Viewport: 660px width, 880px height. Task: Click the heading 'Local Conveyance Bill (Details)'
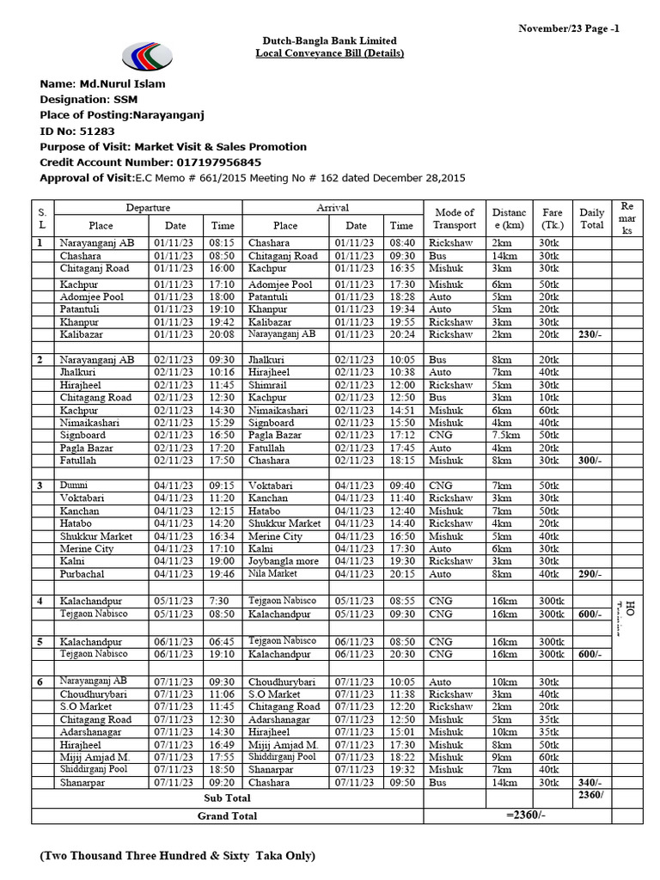coord(329,53)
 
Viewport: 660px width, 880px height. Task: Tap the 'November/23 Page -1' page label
coord(568,28)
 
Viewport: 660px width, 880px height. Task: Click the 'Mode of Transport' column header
coord(455,218)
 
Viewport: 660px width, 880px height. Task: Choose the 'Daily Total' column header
coord(591,218)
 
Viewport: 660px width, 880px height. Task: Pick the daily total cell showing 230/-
coord(590,334)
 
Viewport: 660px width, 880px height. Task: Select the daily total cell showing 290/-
coord(590,574)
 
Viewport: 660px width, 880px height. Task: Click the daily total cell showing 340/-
coord(590,783)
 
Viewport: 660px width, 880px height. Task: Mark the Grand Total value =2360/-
coord(526,815)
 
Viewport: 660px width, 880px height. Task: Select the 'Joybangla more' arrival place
coord(283,561)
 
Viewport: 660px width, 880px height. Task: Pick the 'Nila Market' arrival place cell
coord(272,574)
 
